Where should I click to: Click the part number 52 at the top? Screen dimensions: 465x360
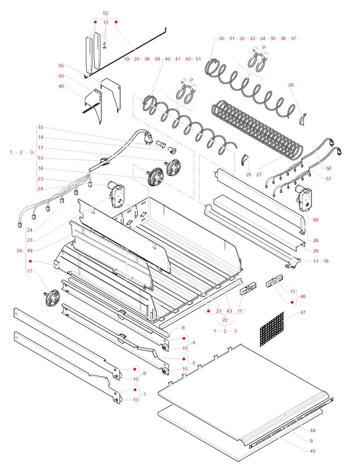click(106, 13)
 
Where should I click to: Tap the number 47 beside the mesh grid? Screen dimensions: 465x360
click(303, 312)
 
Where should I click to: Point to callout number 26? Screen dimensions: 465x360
click(291, 85)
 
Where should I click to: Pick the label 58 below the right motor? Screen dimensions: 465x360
click(315, 220)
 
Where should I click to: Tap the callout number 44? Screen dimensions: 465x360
click(312, 431)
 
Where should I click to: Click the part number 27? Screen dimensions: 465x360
click(259, 175)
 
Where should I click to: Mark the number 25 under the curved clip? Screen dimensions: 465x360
click(249, 175)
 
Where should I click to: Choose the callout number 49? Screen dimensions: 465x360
click(29, 241)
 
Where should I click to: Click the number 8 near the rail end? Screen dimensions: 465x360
click(183, 328)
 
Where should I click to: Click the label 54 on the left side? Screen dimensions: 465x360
click(19, 251)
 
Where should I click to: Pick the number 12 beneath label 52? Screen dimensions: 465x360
click(106, 23)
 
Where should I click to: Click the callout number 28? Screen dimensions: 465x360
click(315, 241)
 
